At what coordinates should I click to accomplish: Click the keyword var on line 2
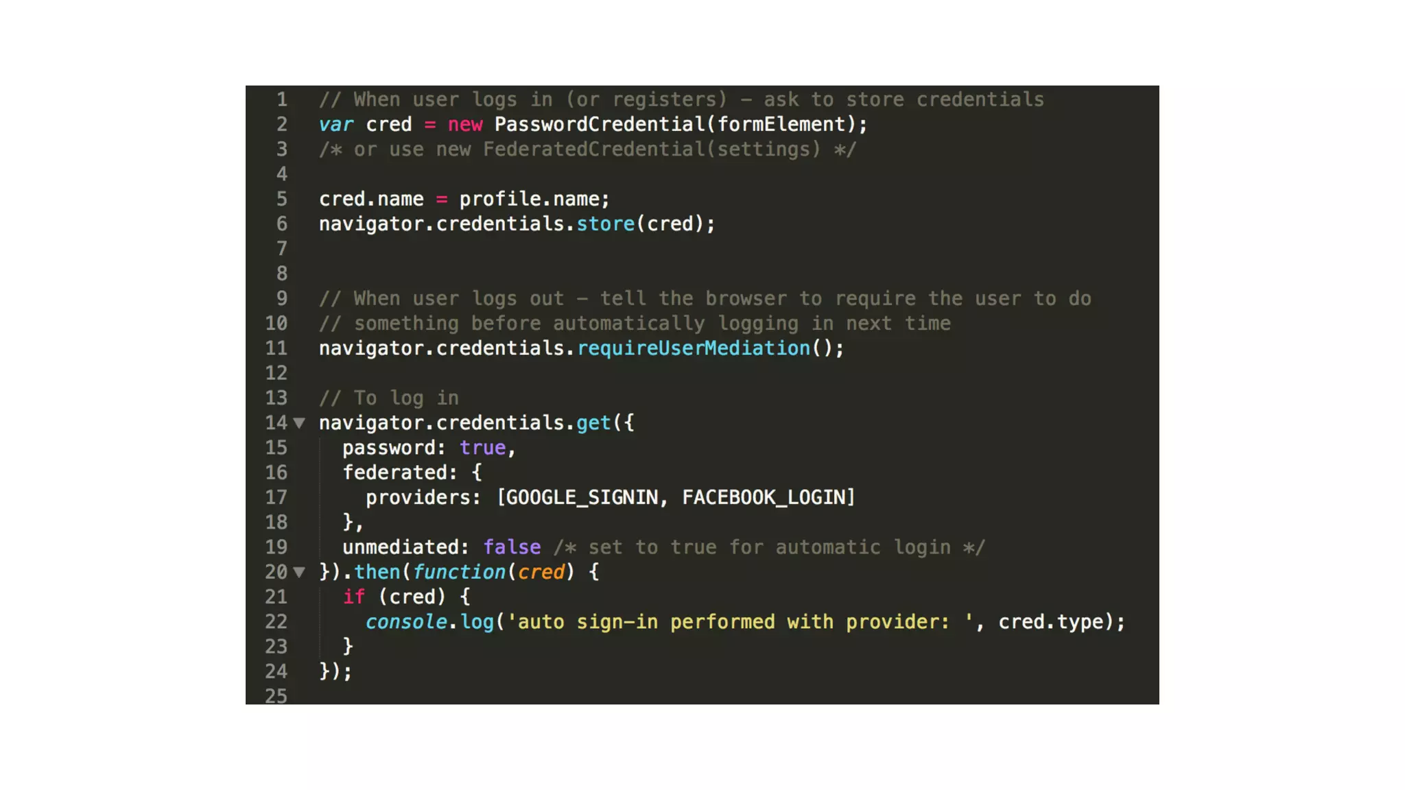pyautogui.click(x=336, y=125)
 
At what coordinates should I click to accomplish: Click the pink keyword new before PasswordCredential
pyautogui.click(x=465, y=125)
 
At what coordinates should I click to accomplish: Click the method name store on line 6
pyautogui.click(x=605, y=224)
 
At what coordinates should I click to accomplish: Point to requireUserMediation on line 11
pyautogui.click(x=694, y=348)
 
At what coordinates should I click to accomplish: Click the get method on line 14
pyautogui.click(x=593, y=423)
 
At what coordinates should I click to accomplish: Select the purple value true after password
pyautogui.click(x=483, y=448)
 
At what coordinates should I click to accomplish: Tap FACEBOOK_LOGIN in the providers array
pyautogui.click(x=764, y=498)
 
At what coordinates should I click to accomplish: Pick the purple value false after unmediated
pyautogui.click(x=512, y=547)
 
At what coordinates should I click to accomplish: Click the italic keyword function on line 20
pyautogui.click(x=459, y=572)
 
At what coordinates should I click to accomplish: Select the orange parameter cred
pyautogui.click(x=541, y=572)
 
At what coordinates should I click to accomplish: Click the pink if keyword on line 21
pyautogui.click(x=353, y=597)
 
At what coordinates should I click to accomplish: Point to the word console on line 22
pyautogui.click(x=406, y=622)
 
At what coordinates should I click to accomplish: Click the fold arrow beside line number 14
pyautogui.click(x=299, y=423)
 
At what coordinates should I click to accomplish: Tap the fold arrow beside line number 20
pyautogui.click(x=299, y=572)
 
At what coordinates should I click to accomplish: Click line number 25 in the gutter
pyautogui.click(x=276, y=695)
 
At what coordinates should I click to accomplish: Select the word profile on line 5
pyautogui.click(x=500, y=200)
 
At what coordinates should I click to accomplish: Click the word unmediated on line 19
pyautogui.click(x=401, y=547)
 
